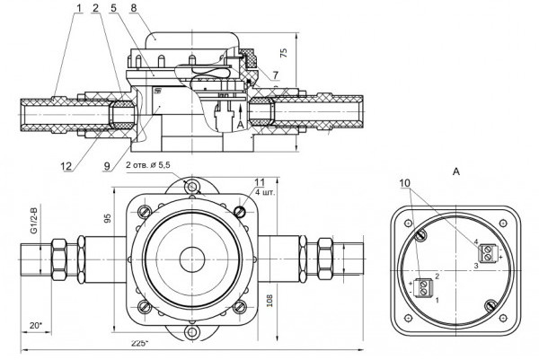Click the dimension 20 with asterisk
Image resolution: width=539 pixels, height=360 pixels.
34,323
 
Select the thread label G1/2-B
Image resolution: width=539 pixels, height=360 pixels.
34,220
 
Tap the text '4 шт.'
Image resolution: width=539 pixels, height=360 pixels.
264,193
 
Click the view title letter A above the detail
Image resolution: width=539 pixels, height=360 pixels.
457,169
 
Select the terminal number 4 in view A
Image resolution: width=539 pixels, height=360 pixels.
476,242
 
